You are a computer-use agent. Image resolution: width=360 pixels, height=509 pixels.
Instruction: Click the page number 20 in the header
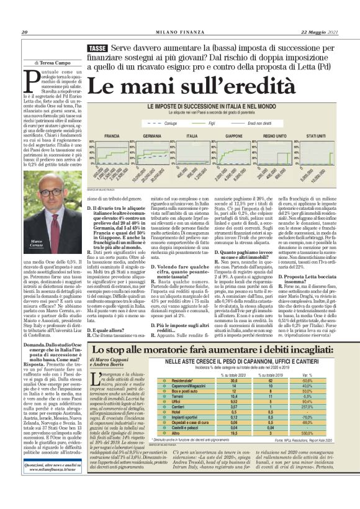pyautogui.click(x=24, y=32)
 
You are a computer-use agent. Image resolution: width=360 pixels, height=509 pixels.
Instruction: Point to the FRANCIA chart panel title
pyautogui.click(x=112, y=135)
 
